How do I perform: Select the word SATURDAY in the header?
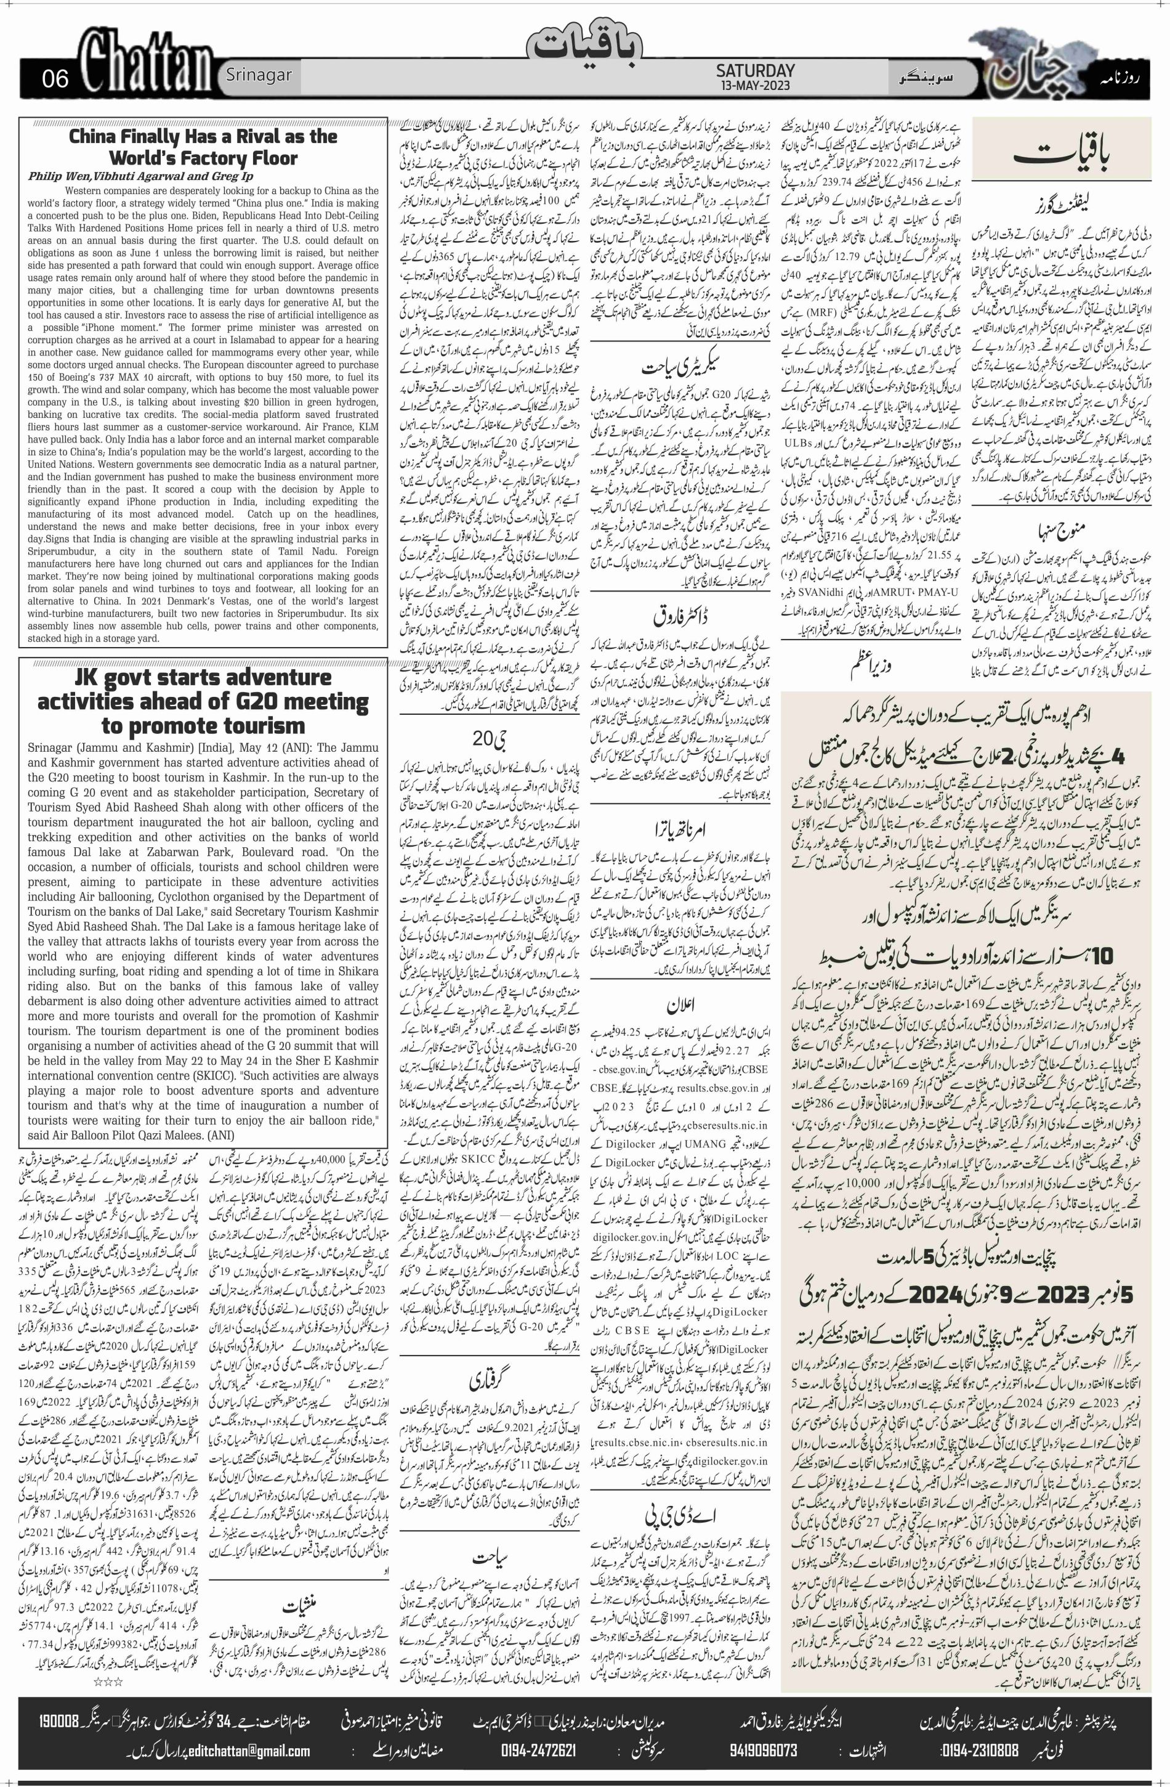pyautogui.click(x=755, y=70)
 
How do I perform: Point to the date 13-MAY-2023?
pyautogui.click(x=755, y=85)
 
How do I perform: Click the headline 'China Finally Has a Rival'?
pyautogui.click(x=203, y=147)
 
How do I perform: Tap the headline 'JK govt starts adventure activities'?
pyautogui.click(x=203, y=701)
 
